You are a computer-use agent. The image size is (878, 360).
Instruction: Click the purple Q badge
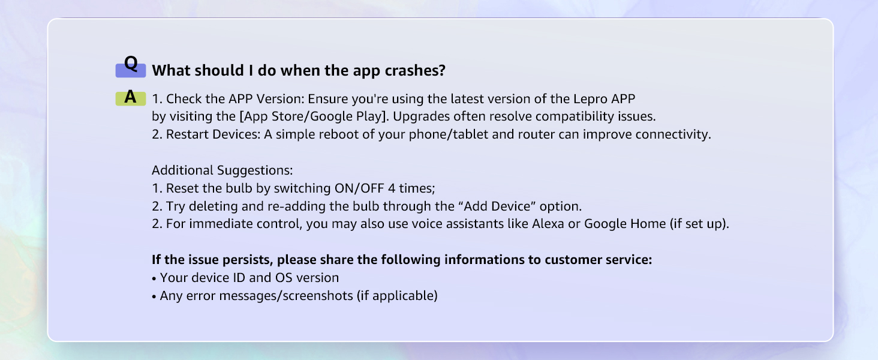131,67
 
